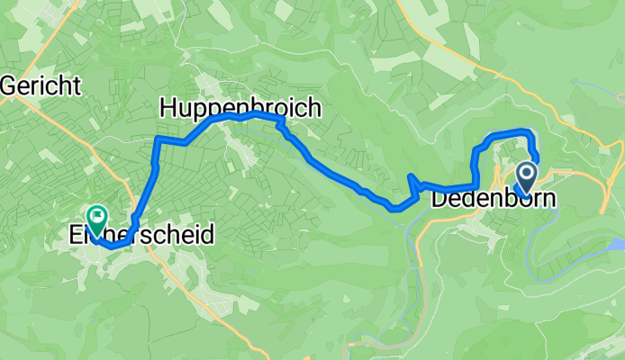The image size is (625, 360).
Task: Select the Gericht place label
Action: tap(41, 86)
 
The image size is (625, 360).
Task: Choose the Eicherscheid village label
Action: tap(142, 236)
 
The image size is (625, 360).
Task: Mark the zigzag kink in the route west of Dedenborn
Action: tap(412, 183)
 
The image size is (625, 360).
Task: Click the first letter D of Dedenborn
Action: tap(440, 200)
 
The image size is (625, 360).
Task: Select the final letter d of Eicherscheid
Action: tap(208, 236)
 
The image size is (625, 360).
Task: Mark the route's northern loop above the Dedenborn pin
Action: tap(509, 134)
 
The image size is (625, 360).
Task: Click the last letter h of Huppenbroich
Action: tap(313, 108)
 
